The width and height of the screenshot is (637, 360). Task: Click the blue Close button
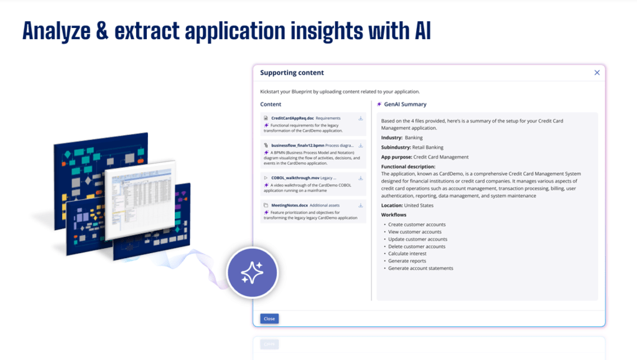pos(269,318)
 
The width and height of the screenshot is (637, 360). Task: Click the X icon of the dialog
pos(597,73)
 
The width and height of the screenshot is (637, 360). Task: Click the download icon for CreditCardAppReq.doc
pos(361,118)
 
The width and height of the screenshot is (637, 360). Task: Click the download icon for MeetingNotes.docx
pos(361,205)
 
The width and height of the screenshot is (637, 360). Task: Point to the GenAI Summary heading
pos(405,104)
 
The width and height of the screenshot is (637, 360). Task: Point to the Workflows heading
pos(394,215)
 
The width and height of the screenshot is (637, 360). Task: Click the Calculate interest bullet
pos(408,254)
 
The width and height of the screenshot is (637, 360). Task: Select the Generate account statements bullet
pos(421,269)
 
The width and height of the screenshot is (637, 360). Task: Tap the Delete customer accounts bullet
pos(417,246)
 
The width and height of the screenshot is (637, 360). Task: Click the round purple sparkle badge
pos(252,273)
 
